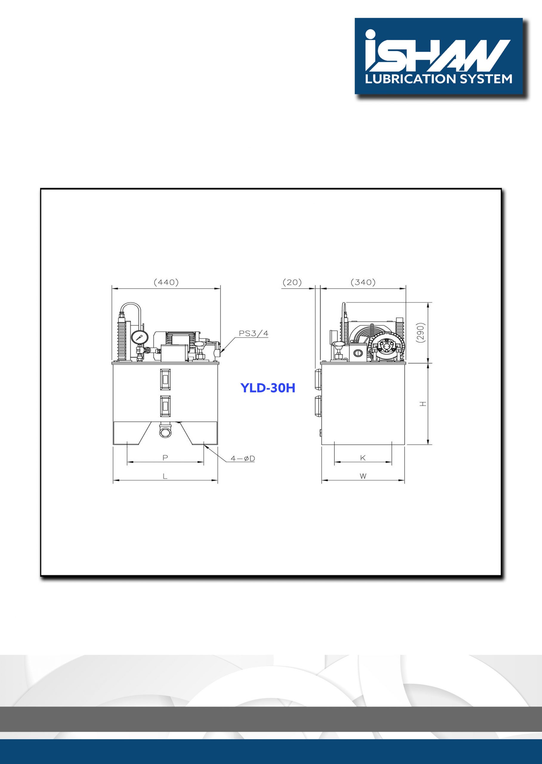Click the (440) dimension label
point(166,282)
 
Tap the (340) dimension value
point(363,282)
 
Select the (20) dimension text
point(292,282)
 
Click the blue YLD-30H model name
point(268,388)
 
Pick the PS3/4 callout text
point(253,333)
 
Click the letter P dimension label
point(165,458)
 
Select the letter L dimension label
point(165,476)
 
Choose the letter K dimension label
point(363,458)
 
